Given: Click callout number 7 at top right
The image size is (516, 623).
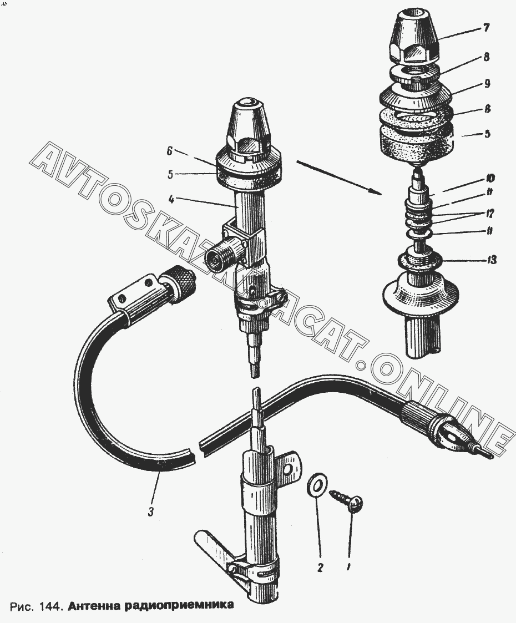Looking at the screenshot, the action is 486,28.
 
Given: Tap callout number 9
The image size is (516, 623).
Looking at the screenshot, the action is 487,84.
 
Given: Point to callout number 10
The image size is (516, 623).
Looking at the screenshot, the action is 489,179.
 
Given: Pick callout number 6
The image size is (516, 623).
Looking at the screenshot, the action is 170,151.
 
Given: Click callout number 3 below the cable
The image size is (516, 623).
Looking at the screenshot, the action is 150,513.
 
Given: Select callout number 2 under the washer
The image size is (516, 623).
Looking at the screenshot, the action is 321,568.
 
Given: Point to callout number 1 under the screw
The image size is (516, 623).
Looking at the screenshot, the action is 348,568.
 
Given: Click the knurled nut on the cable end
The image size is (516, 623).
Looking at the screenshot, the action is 181,283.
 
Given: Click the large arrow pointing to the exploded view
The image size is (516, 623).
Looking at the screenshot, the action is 339,178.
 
